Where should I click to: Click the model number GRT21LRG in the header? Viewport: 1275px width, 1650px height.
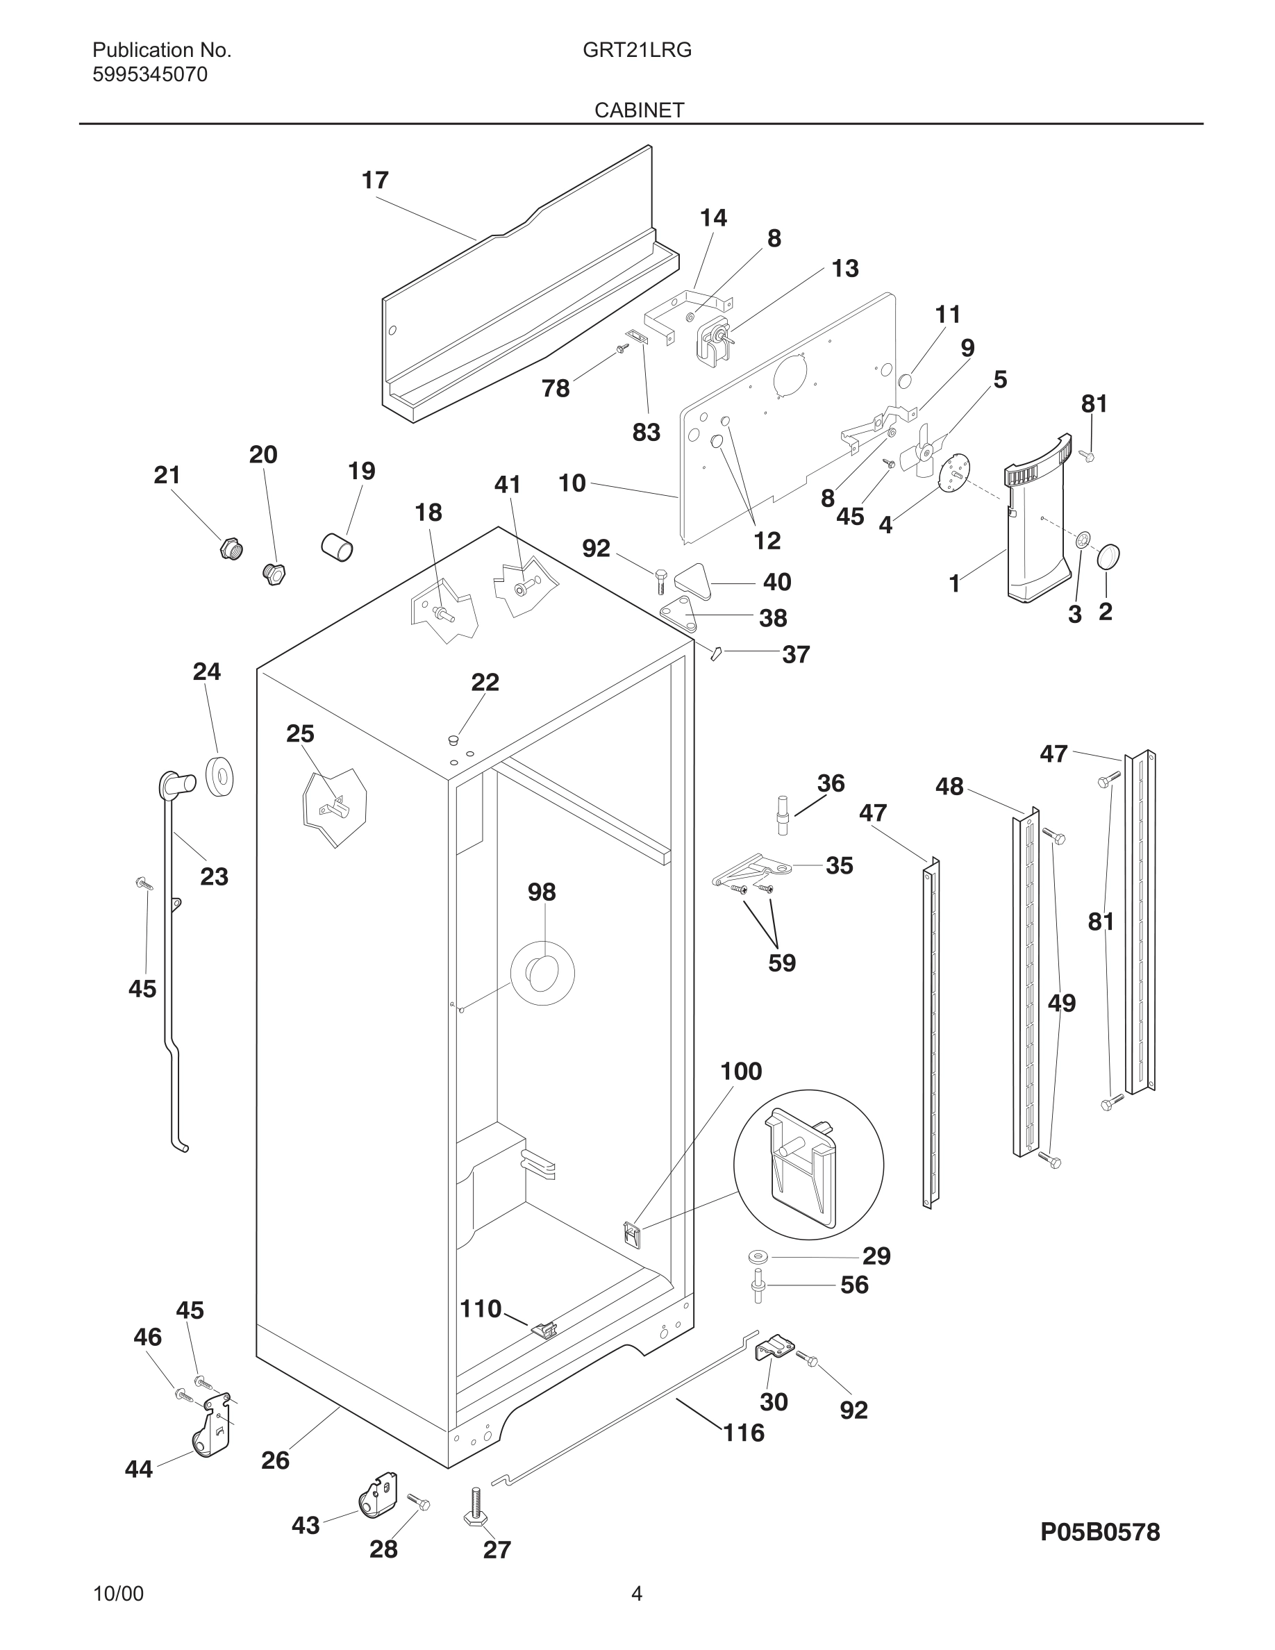(x=637, y=50)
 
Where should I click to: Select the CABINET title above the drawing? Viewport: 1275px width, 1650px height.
(x=639, y=110)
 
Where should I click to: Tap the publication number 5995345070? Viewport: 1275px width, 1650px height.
(x=149, y=75)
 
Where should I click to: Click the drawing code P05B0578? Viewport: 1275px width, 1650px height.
(x=1100, y=1532)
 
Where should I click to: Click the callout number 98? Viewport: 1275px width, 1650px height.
(x=542, y=892)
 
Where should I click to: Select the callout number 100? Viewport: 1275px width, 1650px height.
(x=741, y=1072)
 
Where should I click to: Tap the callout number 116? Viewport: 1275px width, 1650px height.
(x=743, y=1433)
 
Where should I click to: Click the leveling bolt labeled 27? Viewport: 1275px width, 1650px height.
(x=474, y=1508)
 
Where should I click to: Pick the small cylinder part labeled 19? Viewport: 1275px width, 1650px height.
(x=337, y=547)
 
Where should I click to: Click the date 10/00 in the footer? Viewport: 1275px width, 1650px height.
(x=118, y=1594)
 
